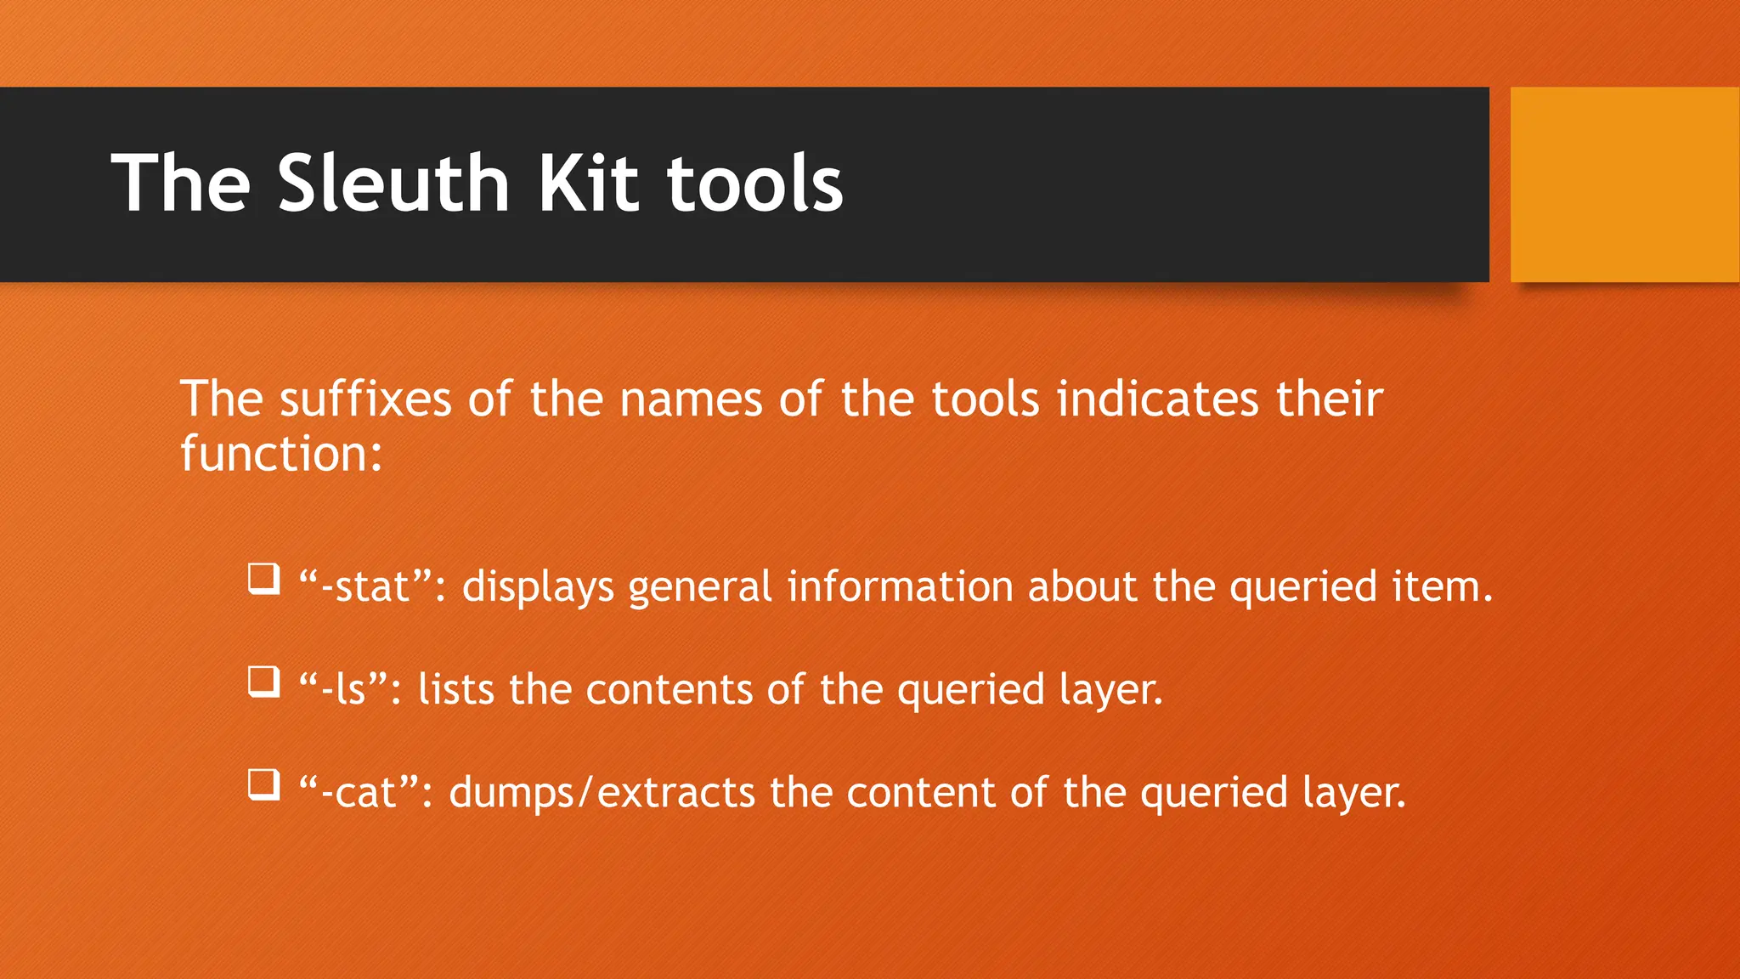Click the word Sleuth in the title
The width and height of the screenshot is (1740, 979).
pos(393,184)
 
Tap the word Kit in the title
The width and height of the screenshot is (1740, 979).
pos(588,184)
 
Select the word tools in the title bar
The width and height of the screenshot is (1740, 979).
pos(754,184)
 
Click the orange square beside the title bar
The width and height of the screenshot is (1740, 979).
pos(1624,184)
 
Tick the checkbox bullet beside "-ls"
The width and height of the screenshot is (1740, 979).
pos(263,682)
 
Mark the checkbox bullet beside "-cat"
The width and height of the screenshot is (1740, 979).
pos(263,784)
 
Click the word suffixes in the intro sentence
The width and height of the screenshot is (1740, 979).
pos(365,399)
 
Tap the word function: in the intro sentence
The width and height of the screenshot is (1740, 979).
pos(281,454)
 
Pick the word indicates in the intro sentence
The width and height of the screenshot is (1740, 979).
pos(1156,399)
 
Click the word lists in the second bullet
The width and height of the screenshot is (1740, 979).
pos(456,689)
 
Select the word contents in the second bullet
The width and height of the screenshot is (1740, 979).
pos(669,689)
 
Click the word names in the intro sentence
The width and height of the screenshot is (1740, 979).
pos(691,399)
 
